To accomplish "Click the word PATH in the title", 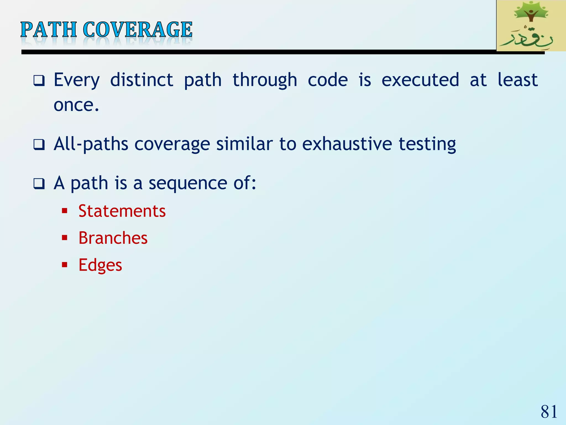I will [x=49, y=30].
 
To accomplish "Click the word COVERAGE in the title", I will [x=137, y=30].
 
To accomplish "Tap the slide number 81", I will [x=549, y=411].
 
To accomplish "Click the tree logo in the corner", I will [x=531, y=25].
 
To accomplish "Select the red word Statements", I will [x=122, y=211].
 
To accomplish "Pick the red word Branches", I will [x=113, y=238].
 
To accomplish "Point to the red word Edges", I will [x=100, y=265].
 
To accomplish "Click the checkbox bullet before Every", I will [x=39, y=81].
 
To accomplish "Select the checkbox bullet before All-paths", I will [x=39, y=144].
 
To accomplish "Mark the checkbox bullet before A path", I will [x=39, y=183].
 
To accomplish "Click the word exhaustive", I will [x=347, y=144].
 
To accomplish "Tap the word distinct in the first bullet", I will [x=141, y=80].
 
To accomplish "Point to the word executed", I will [x=420, y=80].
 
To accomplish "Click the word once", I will [x=76, y=105].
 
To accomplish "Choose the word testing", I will [x=427, y=145].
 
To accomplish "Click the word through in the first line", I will [x=265, y=81].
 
